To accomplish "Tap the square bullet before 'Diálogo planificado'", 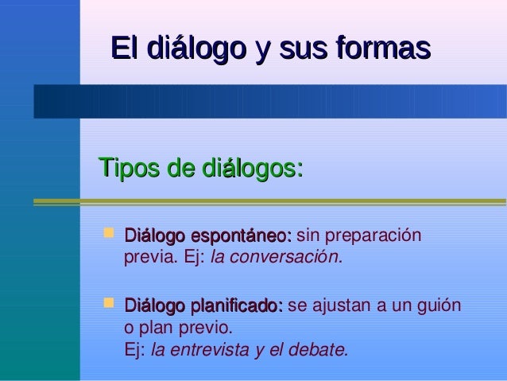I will (x=110, y=305).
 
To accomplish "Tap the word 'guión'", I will (x=440, y=306).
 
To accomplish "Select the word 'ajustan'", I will (x=336, y=306).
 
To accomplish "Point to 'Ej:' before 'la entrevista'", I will (x=135, y=349).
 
